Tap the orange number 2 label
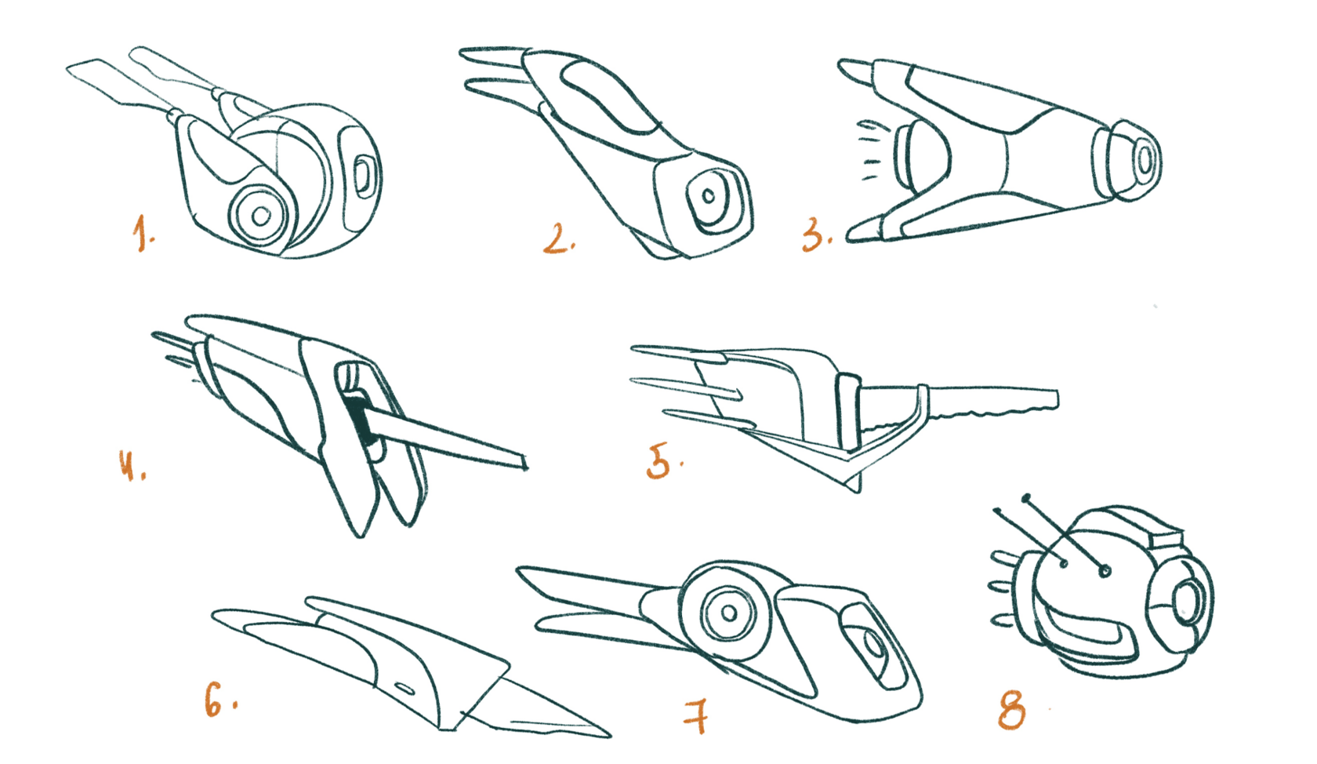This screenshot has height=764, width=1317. coord(557,238)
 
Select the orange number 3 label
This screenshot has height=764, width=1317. coord(816,234)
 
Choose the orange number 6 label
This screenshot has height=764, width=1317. coord(218,700)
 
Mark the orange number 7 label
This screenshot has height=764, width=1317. coord(696,716)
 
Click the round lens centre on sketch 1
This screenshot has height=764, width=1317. coord(261,216)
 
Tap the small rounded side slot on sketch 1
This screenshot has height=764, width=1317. coord(364,174)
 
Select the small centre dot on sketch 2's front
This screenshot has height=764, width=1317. coord(709,196)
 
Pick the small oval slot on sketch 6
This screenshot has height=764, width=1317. coord(405,689)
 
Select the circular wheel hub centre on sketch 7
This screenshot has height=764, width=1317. coord(729,613)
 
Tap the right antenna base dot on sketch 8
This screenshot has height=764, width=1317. coord(1105,570)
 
